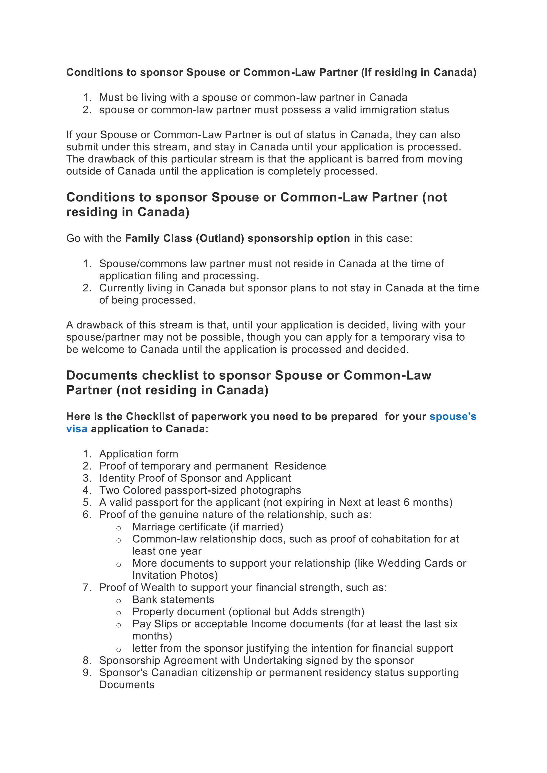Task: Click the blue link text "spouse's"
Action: (x=452, y=417)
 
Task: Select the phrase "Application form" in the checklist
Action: (x=139, y=454)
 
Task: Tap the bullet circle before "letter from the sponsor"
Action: (x=118, y=649)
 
